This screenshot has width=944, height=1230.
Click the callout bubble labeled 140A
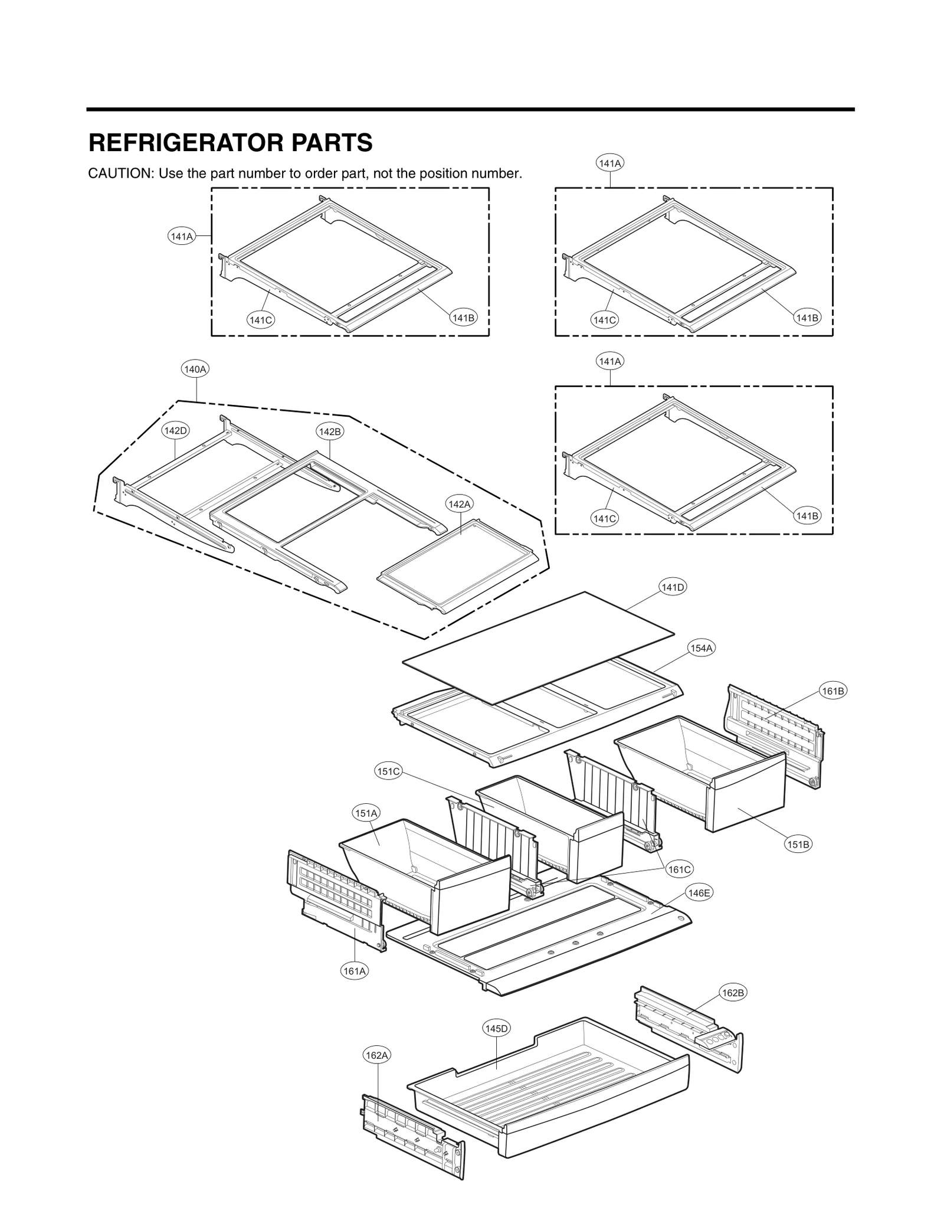[x=195, y=369]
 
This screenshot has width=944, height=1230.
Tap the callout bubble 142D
[x=175, y=430]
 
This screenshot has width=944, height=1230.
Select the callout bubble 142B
[x=330, y=431]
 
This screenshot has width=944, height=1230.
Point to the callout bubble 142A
[x=460, y=504]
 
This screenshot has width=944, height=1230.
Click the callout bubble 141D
[x=673, y=587]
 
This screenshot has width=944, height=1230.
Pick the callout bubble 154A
[x=702, y=648]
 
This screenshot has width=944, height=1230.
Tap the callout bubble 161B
[x=833, y=691]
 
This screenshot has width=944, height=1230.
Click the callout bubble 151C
[x=389, y=771]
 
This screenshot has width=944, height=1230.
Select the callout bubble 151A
[x=366, y=813]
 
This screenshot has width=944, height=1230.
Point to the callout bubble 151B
[x=798, y=845]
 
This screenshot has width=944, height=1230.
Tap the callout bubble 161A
[x=355, y=971]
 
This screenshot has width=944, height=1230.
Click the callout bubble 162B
[x=733, y=993]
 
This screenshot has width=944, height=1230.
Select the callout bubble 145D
[x=496, y=1029]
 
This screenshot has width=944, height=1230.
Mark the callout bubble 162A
[x=376, y=1055]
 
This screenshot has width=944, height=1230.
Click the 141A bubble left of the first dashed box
[x=181, y=236]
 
